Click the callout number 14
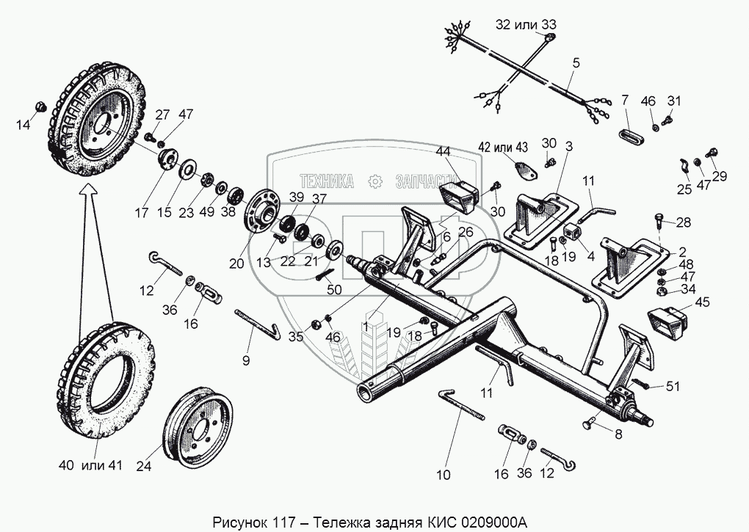(24, 125)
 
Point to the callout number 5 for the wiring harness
(576, 63)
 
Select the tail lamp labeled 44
(458, 197)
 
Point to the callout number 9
(246, 360)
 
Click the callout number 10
(443, 474)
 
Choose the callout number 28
(684, 222)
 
